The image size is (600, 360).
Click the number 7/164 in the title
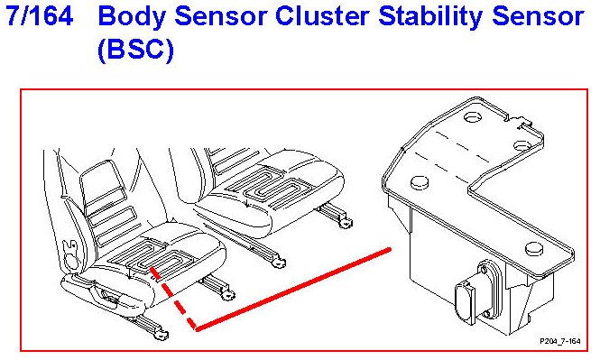[x=40, y=16]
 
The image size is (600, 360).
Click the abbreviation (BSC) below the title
[x=136, y=50]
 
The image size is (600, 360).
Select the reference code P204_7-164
[x=560, y=341]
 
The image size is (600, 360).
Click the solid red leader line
[x=293, y=289]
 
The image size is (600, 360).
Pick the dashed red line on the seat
[x=173, y=299]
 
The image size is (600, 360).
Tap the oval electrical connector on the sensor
[x=465, y=303]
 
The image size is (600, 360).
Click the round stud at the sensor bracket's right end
[x=534, y=249]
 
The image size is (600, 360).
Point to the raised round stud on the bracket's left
[x=420, y=183]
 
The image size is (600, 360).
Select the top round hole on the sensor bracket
[x=473, y=116]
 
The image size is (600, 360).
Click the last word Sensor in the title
[x=538, y=16]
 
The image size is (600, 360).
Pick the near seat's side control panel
[x=108, y=294]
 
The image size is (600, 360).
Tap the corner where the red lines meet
[x=197, y=328]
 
